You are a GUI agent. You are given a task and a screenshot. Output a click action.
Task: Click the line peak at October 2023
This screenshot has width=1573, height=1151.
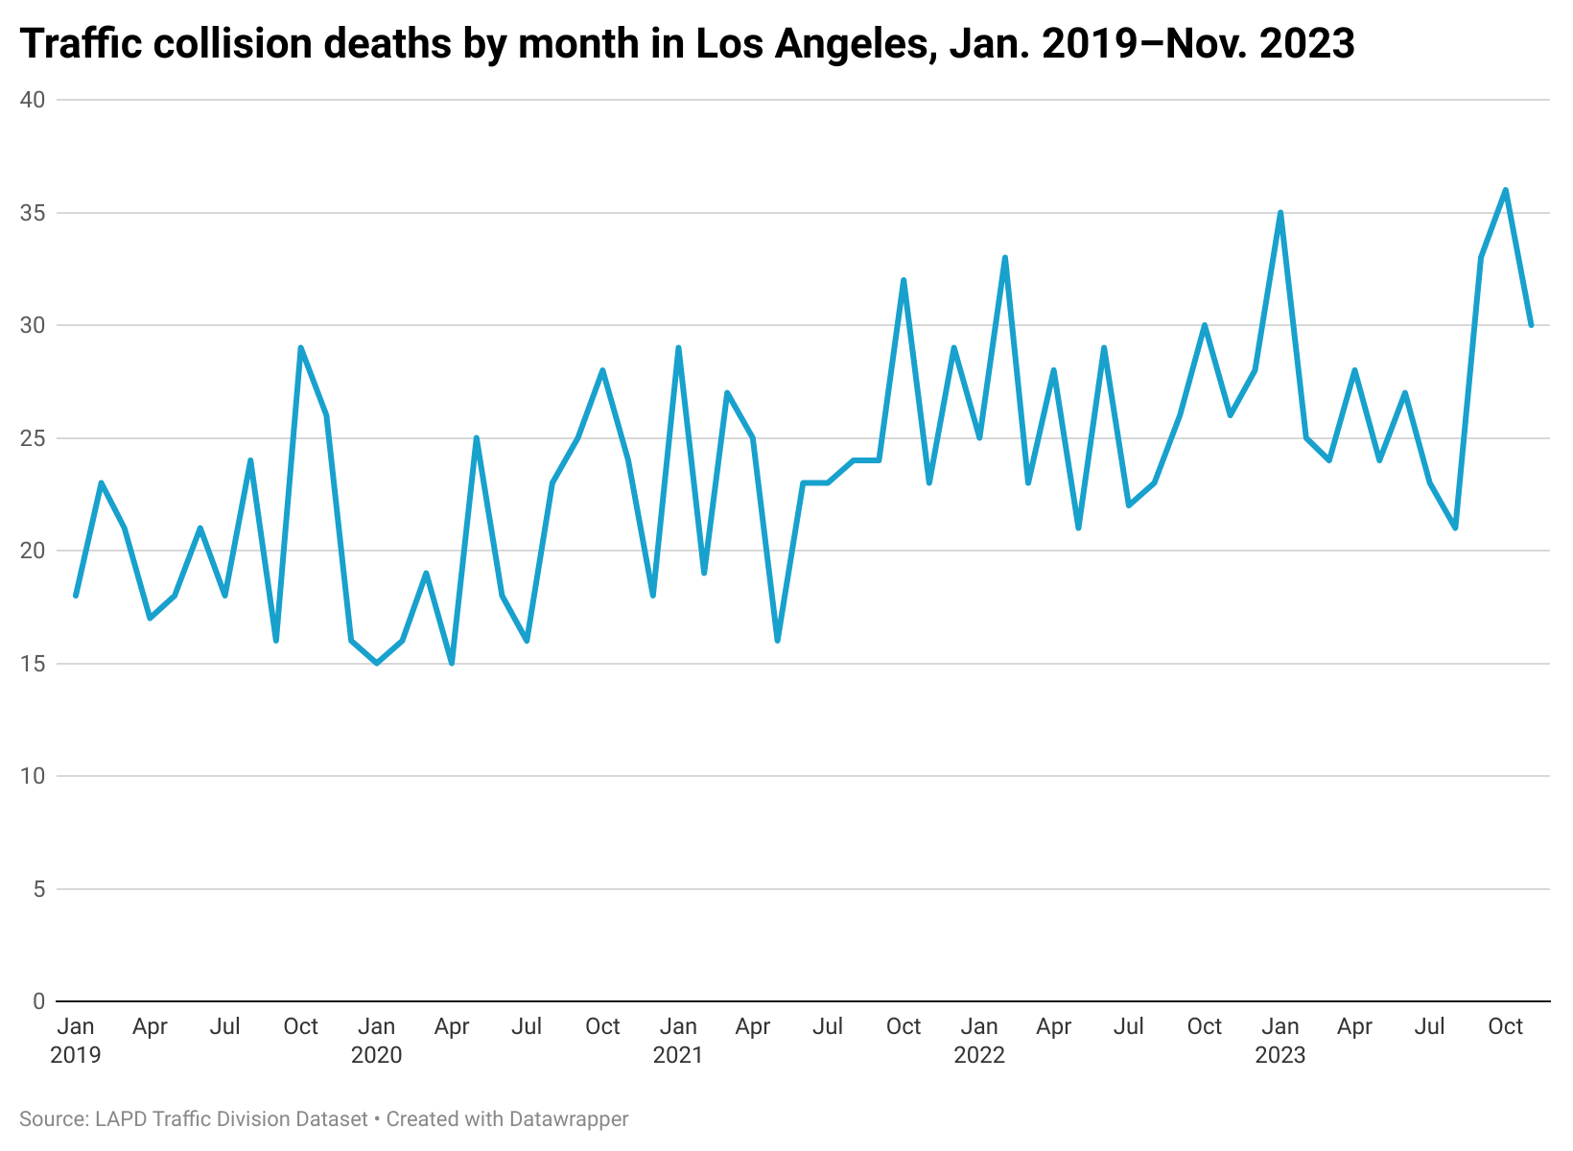click(1506, 190)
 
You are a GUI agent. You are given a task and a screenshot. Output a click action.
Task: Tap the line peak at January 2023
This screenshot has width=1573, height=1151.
click(1280, 212)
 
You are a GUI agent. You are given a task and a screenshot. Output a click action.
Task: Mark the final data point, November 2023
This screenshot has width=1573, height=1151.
click(1531, 325)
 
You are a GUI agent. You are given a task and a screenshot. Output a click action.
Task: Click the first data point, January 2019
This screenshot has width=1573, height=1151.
click(76, 596)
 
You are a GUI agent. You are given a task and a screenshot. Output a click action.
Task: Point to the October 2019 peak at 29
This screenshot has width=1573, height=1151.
click(301, 348)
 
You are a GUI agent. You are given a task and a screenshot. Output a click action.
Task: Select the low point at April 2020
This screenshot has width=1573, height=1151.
click(452, 663)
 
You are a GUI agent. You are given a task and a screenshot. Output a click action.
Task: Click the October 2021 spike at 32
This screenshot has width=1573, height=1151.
click(904, 280)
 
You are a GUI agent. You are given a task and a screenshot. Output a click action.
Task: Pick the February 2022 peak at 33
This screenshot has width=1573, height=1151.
click(1004, 257)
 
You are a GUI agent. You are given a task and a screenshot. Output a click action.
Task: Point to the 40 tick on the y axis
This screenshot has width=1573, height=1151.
click(33, 100)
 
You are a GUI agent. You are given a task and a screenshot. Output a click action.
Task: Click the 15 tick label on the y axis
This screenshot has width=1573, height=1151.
click(33, 664)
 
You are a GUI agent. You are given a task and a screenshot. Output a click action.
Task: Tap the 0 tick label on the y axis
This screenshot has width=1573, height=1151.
click(38, 1001)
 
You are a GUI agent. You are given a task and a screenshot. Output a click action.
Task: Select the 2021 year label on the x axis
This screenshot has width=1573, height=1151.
click(678, 1055)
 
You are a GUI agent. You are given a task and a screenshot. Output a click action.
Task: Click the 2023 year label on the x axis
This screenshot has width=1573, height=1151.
click(1280, 1055)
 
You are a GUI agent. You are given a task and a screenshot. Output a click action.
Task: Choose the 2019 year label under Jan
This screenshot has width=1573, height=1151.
click(76, 1055)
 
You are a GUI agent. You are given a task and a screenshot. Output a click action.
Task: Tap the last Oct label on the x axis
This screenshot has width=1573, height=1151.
click(1505, 1026)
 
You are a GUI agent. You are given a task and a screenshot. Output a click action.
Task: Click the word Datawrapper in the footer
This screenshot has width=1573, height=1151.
click(569, 1118)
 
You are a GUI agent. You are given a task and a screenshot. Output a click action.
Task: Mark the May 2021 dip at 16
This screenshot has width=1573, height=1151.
click(777, 641)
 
